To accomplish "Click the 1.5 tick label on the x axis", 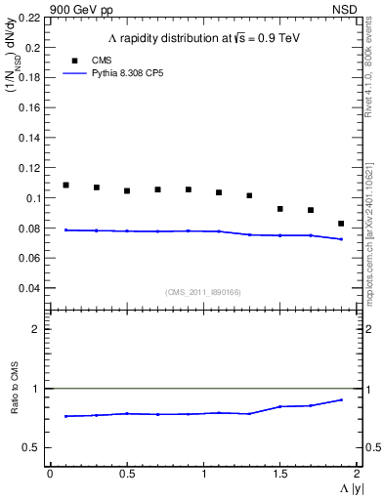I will [x=279, y=474].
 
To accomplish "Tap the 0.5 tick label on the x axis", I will [x=126, y=474].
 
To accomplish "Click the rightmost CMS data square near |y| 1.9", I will [x=341, y=224].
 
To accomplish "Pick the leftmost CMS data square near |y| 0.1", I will [x=65, y=185].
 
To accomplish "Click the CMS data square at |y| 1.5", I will [x=279, y=209].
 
